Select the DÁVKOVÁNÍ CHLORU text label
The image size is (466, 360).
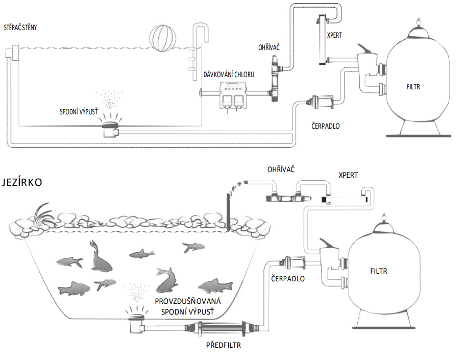pos(229,75)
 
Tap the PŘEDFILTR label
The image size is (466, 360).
pos(223,345)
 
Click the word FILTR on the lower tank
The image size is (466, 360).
pos(379,271)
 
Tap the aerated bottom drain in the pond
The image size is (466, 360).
pos(136,321)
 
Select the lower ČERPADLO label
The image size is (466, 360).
pos(288,279)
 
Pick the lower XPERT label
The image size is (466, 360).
pos(348,176)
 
